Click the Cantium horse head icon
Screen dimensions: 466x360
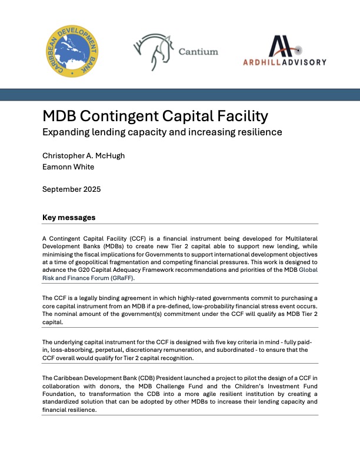click(153, 52)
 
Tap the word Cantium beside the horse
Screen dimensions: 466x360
click(198, 51)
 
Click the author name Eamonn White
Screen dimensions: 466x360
click(69, 167)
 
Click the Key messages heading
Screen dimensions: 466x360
click(68, 218)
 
